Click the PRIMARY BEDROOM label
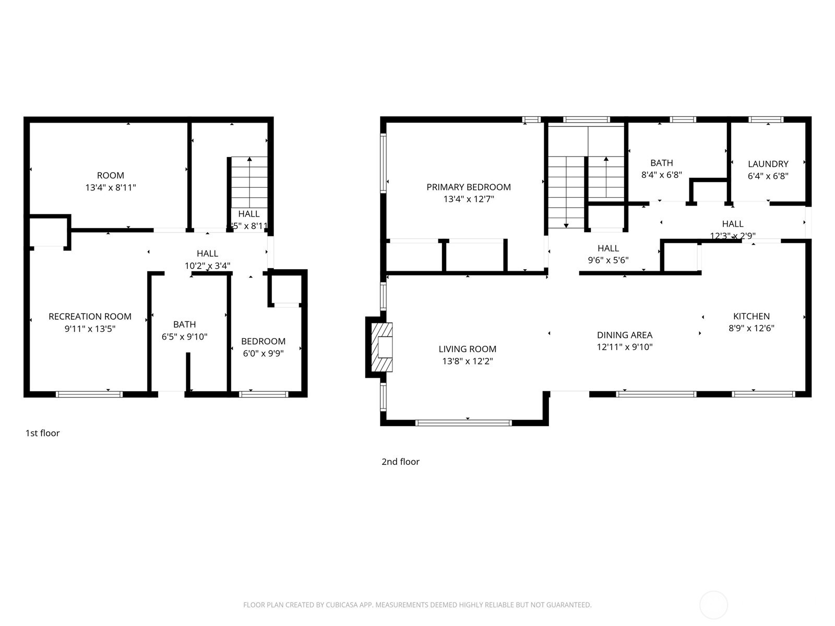(x=468, y=187)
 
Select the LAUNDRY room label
(x=768, y=164)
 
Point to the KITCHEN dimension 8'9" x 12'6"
(x=751, y=328)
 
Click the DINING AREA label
(x=625, y=335)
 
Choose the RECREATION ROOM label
(x=90, y=317)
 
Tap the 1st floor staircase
(x=249, y=183)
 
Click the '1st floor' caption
(x=43, y=433)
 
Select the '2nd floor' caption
(x=400, y=462)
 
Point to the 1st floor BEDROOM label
(x=263, y=341)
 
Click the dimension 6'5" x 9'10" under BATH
(x=184, y=337)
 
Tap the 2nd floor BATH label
(x=661, y=163)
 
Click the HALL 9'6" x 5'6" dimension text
(x=608, y=260)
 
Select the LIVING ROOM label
(x=467, y=349)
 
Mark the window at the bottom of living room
(x=463, y=423)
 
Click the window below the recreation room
(x=89, y=394)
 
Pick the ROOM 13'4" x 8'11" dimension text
(x=111, y=187)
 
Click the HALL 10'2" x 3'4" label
(x=207, y=254)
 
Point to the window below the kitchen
(x=764, y=394)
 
